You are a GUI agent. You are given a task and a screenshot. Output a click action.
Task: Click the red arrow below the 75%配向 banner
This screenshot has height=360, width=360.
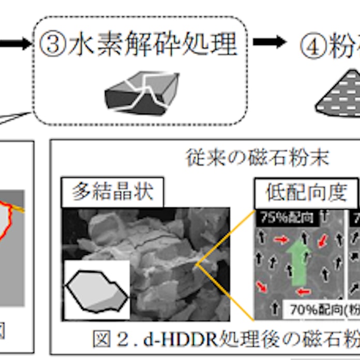[281, 239]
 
